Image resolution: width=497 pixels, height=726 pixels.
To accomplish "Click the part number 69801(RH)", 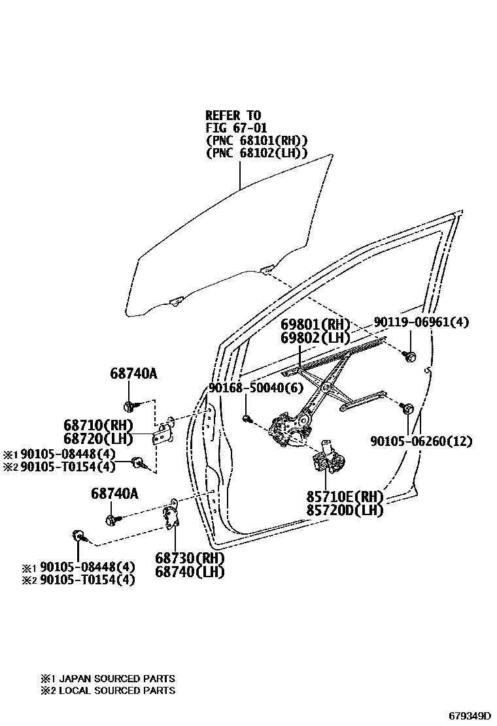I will pos(315,325).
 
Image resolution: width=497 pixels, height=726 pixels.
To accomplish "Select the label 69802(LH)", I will pos(315,338).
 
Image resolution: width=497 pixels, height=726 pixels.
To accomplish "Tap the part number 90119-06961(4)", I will pos(421,323).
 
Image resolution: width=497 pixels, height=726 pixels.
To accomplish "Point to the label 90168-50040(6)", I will pos(247,388).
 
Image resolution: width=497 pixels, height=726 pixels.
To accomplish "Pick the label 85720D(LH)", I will pos(345,511).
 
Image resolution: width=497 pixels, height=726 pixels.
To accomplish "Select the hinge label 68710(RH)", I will pos(98,425).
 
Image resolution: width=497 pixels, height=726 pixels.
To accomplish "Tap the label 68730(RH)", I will pos(190,559).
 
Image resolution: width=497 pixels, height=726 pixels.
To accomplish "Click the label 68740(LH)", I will pos(190,572).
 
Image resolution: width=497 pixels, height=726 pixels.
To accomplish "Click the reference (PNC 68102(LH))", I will pos(256,153).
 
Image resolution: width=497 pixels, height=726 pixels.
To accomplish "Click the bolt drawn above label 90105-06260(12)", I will pos(405,409).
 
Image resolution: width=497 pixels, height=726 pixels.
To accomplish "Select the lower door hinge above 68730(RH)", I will pos(173,516).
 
